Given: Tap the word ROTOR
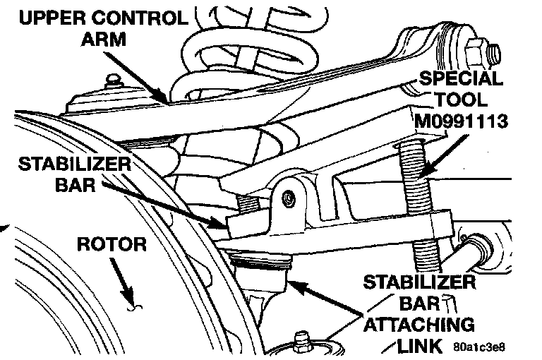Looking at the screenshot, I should coord(112,245).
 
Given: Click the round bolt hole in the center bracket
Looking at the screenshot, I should coord(287,199).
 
